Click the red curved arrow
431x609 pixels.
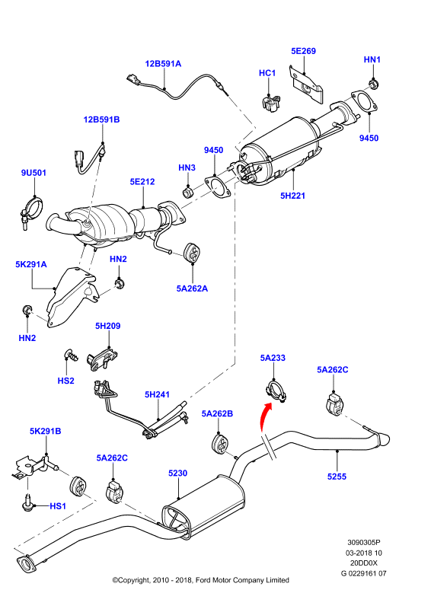click(x=264, y=416)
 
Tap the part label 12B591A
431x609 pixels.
click(x=163, y=64)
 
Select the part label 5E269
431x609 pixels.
click(x=304, y=51)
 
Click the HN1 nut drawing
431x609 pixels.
click(x=373, y=84)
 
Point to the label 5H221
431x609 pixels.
click(x=292, y=196)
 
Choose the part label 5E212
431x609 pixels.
click(x=142, y=181)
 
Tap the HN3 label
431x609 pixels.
click(x=187, y=167)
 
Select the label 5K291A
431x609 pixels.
click(x=31, y=264)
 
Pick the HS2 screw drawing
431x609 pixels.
click(x=70, y=354)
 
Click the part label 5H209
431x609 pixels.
click(x=107, y=326)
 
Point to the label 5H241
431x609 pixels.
click(x=157, y=394)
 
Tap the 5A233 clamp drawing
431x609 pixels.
click(x=276, y=391)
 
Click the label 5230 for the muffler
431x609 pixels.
click(x=177, y=473)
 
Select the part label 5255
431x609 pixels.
click(x=337, y=477)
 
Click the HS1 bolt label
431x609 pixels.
click(x=58, y=506)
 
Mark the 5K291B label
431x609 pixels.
click(x=46, y=431)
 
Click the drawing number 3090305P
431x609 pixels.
click(x=364, y=542)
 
